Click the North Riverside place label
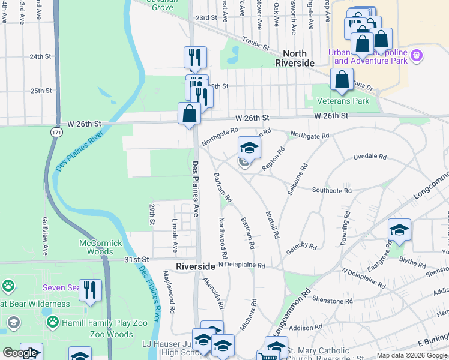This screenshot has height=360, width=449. coord(295,58)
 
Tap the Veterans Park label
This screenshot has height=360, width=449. coord(344,101)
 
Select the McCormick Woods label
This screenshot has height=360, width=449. coord(101,247)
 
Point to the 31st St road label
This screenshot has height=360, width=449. coord(136,259)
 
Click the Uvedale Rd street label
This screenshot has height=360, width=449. coord(370,156)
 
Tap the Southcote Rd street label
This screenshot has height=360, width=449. coord(331,191)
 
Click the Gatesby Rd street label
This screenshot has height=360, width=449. coord(301,246)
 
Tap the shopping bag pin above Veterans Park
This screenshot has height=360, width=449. coord(342,80)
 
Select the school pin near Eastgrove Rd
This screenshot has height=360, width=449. coord(399,230)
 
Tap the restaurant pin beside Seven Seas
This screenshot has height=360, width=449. coord(90,290)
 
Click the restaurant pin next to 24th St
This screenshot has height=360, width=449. coord(195,58)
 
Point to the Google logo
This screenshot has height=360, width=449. coord(20,353)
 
